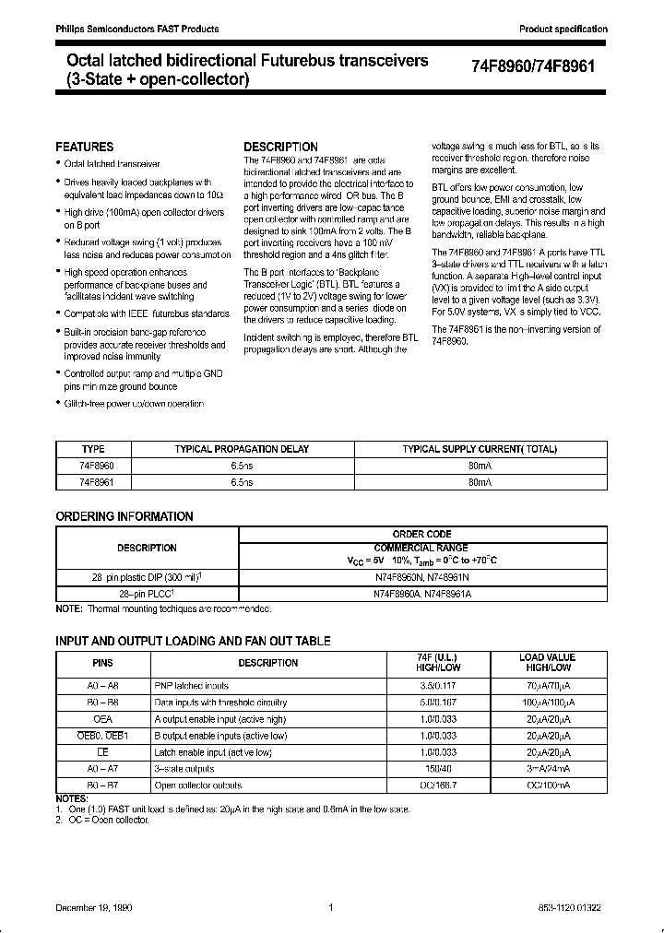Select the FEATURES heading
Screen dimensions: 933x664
tap(85, 147)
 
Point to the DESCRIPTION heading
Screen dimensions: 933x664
tap(280, 147)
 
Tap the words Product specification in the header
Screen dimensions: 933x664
tap(563, 30)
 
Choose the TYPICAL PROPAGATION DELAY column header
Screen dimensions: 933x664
tap(242, 449)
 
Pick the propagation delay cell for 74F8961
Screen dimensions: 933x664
tap(242, 481)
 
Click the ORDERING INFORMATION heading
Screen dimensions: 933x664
tap(125, 516)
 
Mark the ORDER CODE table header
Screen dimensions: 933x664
tap(421, 533)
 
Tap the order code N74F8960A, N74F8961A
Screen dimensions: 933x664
tap(421, 596)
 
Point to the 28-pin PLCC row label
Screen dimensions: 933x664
tap(148, 596)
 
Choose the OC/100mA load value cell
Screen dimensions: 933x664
tap(547, 785)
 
